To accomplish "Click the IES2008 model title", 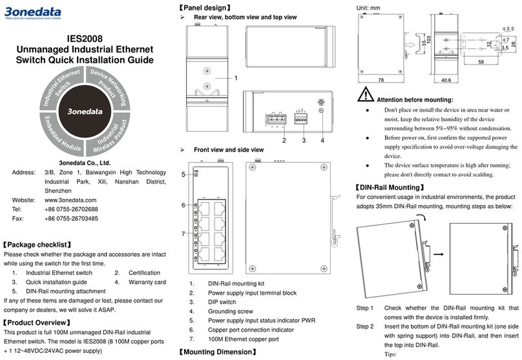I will point(85,38).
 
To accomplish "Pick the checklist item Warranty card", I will point(147,282).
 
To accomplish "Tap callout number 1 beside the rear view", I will point(236,78).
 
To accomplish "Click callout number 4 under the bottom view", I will point(322,140).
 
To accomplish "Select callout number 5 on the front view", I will point(183,175).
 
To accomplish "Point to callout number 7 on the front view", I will point(183,233).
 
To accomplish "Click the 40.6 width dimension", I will point(445,81).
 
